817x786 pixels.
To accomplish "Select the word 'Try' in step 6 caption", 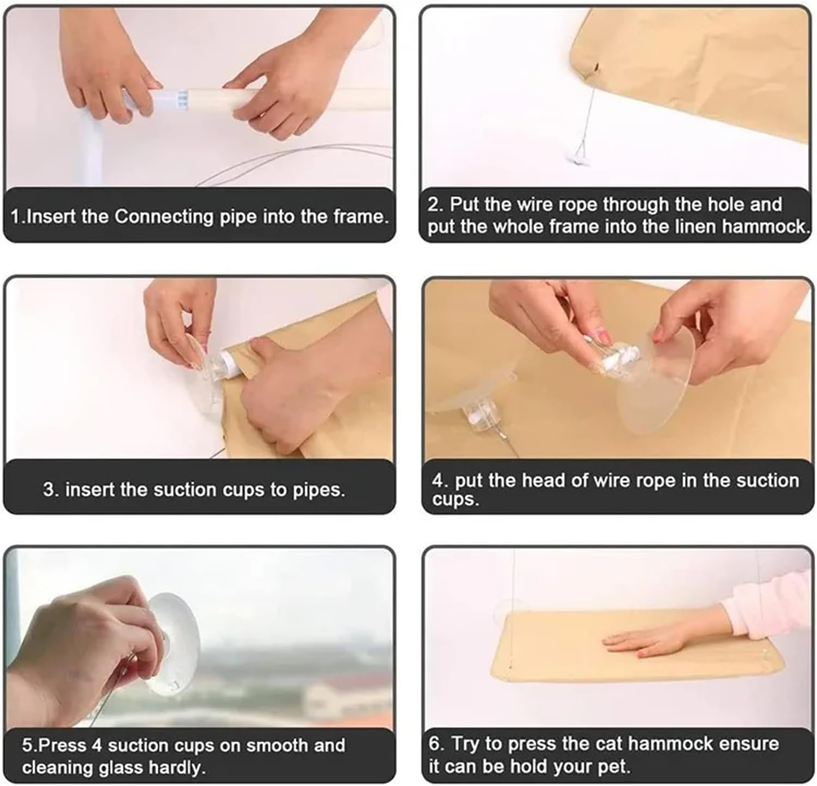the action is (x=465, y=744).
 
